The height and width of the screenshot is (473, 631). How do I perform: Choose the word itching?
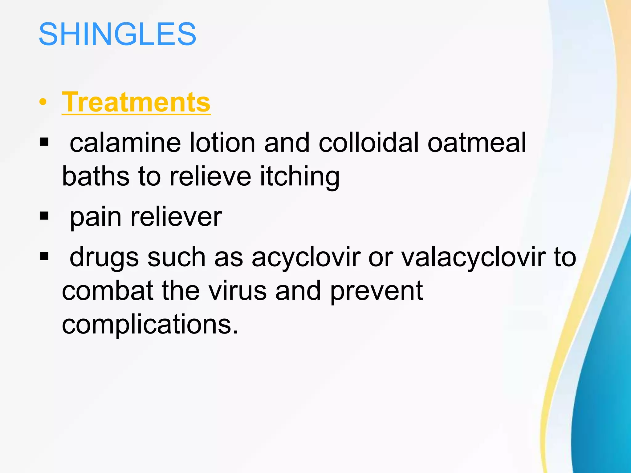point(299,177)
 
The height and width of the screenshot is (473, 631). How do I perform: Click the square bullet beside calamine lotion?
point(44,142)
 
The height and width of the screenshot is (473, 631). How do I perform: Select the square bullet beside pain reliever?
point(44,216)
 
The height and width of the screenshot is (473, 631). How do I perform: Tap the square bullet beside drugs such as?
point(44,256)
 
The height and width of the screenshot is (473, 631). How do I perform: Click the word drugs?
point(104,258)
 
